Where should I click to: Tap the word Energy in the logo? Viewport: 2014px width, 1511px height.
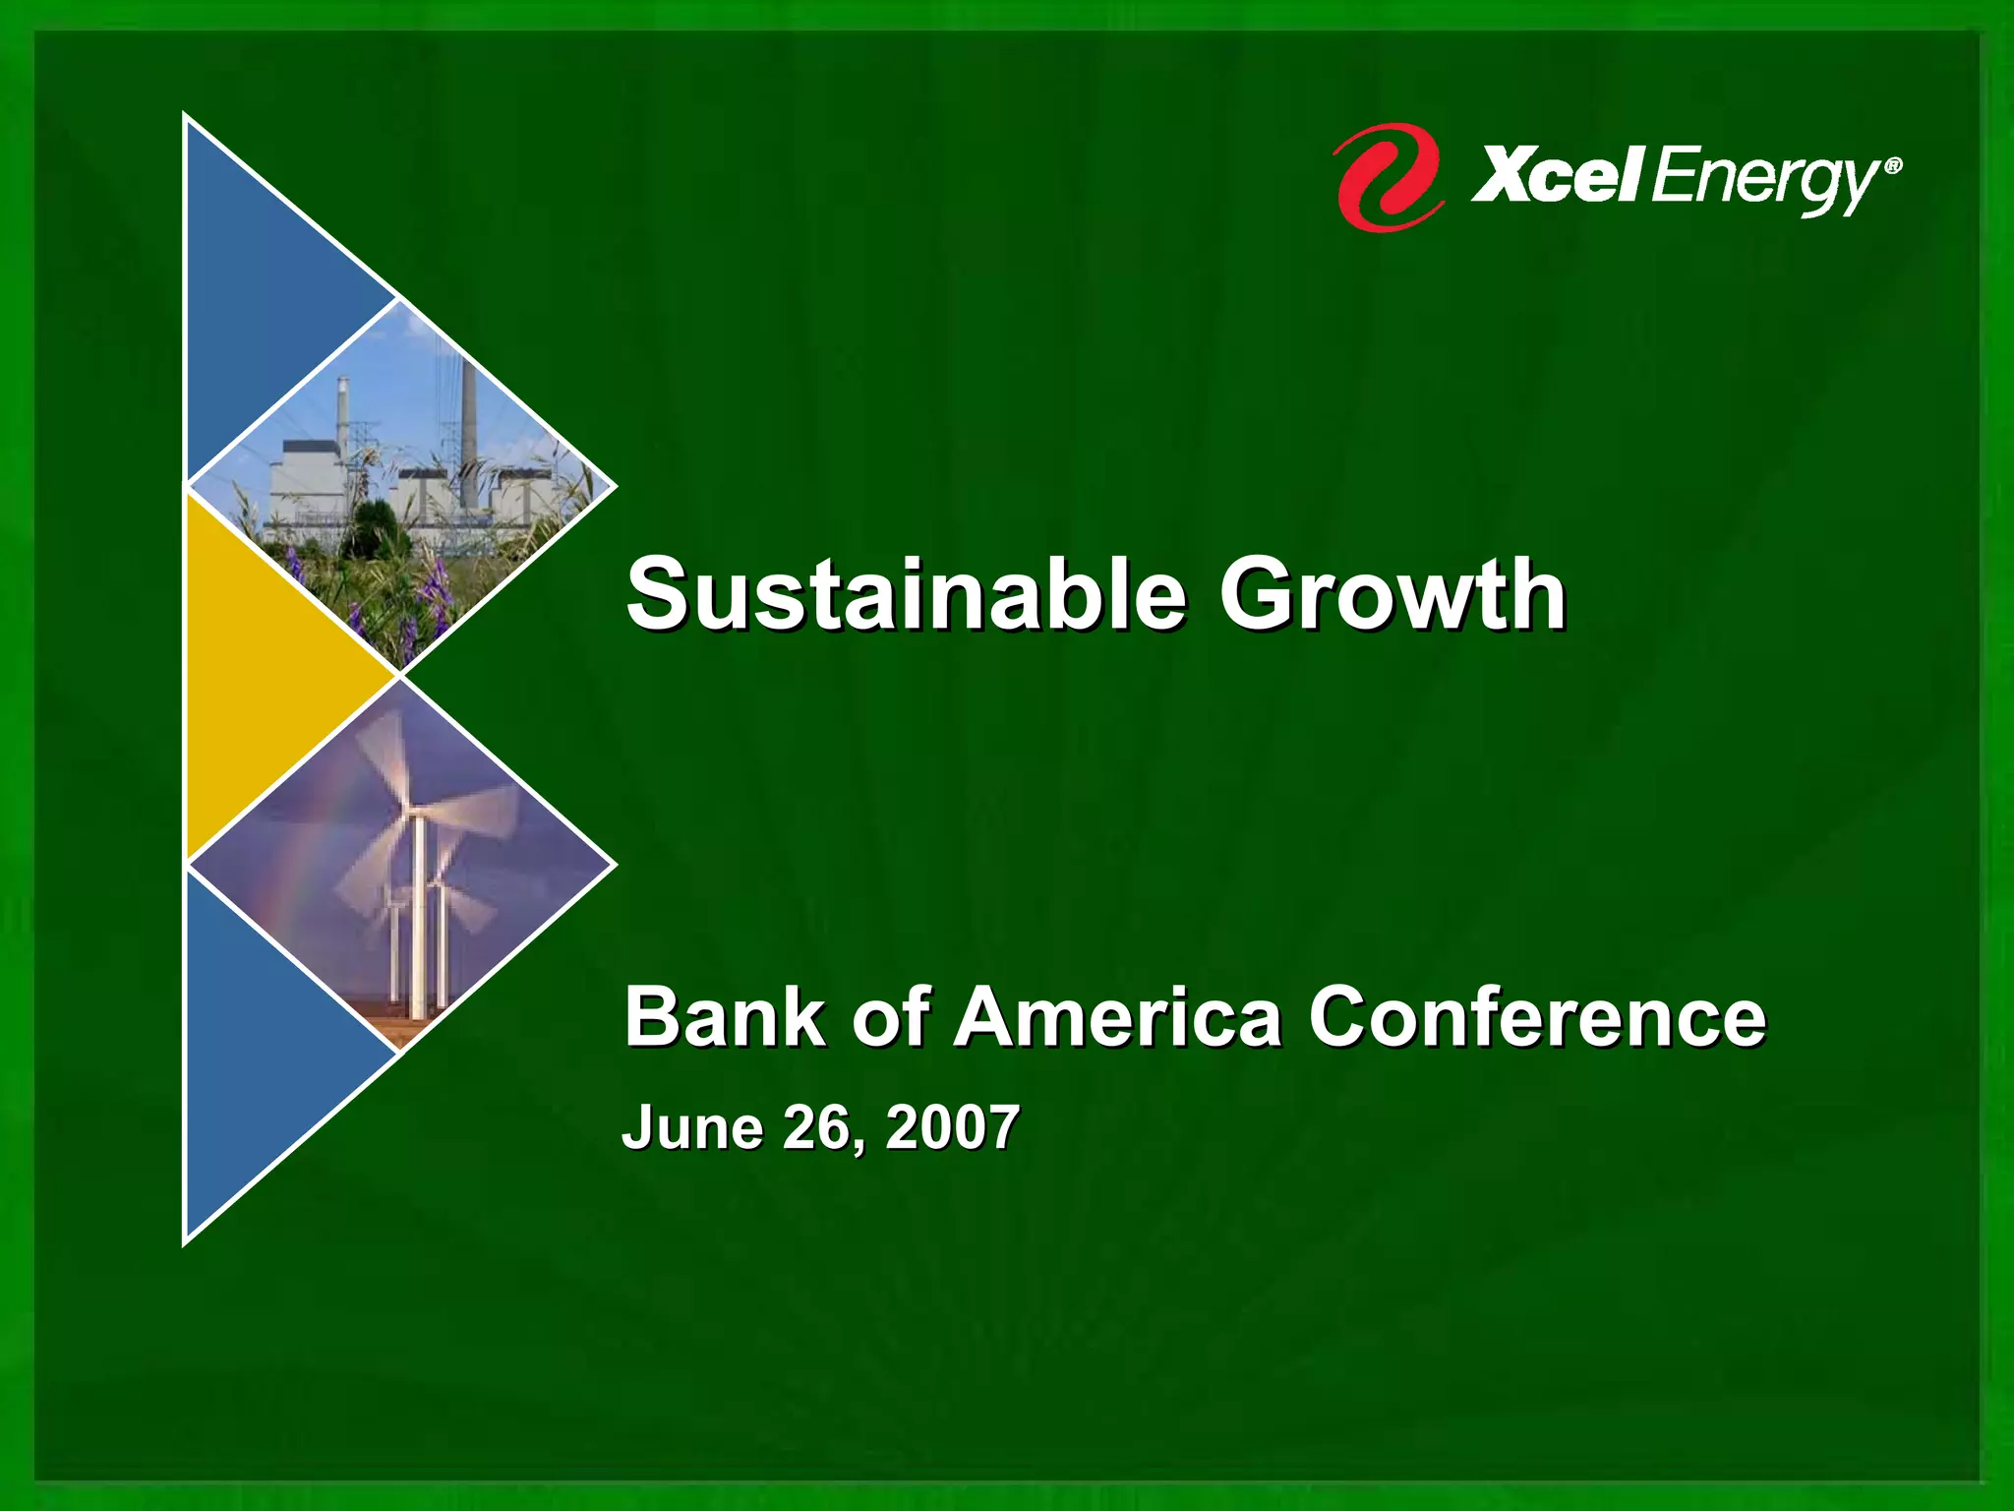(1765, 183)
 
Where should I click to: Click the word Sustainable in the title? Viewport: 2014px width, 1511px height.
(905, 594)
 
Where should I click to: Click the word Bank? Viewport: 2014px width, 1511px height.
(725, 1017)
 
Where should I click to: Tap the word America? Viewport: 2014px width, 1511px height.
(1117, 1017)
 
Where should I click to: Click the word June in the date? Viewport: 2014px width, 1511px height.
(692, 1127)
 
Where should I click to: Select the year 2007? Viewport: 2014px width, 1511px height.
(952, 1127)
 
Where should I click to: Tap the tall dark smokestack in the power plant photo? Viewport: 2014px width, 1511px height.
(469, 413)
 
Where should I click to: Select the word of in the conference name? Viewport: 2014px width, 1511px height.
(889, 1017)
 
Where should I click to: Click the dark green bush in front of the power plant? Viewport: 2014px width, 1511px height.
(374, 531)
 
